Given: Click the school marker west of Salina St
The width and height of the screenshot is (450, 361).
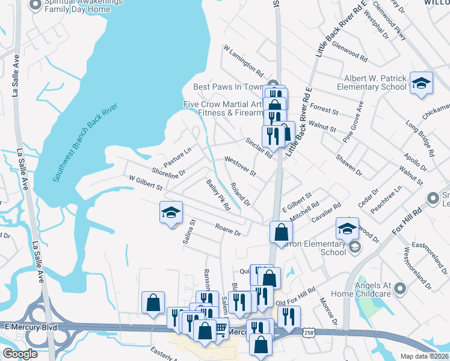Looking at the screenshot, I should click(171, 212).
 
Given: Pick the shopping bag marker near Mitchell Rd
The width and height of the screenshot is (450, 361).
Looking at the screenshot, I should click(281, 232).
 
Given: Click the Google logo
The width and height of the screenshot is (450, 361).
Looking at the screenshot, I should click(20, 354).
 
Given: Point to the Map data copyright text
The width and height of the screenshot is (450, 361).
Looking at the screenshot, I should click(424, 356).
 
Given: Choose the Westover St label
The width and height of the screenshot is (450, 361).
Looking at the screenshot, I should click(240, 167).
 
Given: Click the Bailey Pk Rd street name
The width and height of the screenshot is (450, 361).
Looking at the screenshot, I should click(218, 194).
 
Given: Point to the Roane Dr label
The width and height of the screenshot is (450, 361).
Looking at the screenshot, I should click(228, 229).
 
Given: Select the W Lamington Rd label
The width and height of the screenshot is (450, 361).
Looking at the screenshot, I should click(243, 60).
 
